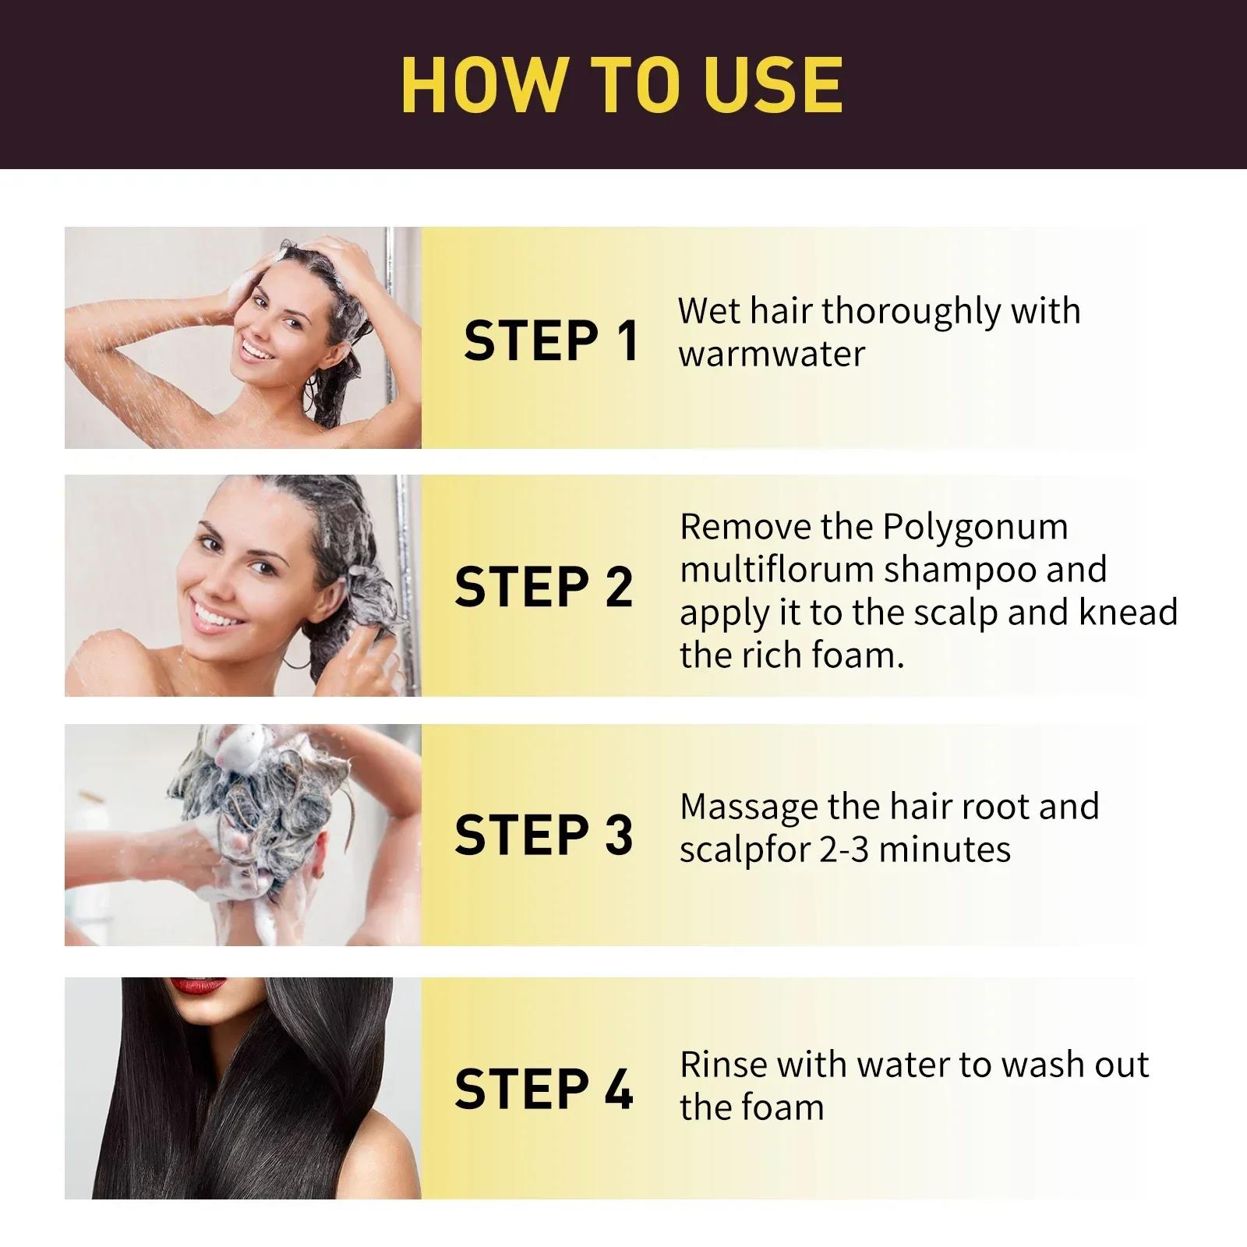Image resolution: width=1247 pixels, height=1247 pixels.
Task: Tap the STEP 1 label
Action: pos(551,341)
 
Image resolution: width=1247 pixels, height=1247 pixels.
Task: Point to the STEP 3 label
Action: pos(544,835)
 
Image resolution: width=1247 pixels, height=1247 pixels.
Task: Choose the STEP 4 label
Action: pos(544,1089)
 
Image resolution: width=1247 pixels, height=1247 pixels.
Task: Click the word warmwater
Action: pos(772,354)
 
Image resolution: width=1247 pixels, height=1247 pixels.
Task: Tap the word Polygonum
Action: pos(975,528)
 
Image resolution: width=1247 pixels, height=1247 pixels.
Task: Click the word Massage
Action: pos(747,807)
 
